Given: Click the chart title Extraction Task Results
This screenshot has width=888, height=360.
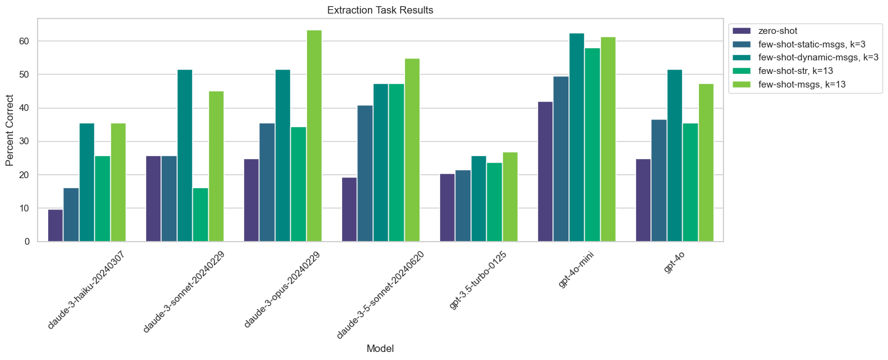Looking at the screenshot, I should tap(380, 10).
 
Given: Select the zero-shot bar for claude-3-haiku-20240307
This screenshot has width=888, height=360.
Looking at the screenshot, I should tap(55, 226).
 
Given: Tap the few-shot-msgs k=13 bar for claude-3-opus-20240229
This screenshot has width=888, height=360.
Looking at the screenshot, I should tap(314, 136).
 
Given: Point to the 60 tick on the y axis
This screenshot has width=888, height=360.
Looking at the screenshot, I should tap(26, 41).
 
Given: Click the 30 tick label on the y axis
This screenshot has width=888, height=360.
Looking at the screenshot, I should tap(26, 142).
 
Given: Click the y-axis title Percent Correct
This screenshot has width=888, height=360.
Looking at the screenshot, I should tap(10, 130).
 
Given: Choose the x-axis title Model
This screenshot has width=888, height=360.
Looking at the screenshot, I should tap(380, 348).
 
